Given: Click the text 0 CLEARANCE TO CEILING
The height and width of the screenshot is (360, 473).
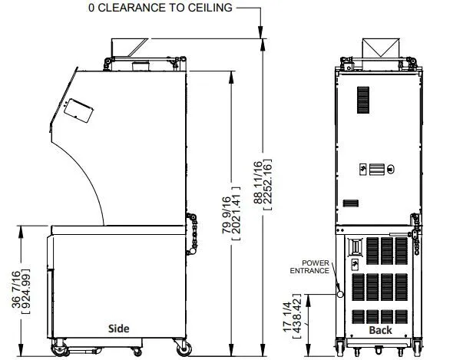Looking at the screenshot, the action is [x=160, y=8].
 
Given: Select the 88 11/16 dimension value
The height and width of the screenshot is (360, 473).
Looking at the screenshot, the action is [x=258, y=183].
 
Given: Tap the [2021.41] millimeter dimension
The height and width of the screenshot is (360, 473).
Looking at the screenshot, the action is [x=237, y=213].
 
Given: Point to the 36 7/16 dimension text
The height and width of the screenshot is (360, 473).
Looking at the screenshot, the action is [x=16, y=289].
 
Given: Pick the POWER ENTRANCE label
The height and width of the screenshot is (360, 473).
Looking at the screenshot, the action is [x=309, y=267].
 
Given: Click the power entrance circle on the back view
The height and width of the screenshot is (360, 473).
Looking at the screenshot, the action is [x=340, y=294].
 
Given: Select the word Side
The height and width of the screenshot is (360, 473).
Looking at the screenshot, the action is [x=119, y=329].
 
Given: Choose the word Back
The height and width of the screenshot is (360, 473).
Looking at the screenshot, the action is [x=380, y=330].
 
